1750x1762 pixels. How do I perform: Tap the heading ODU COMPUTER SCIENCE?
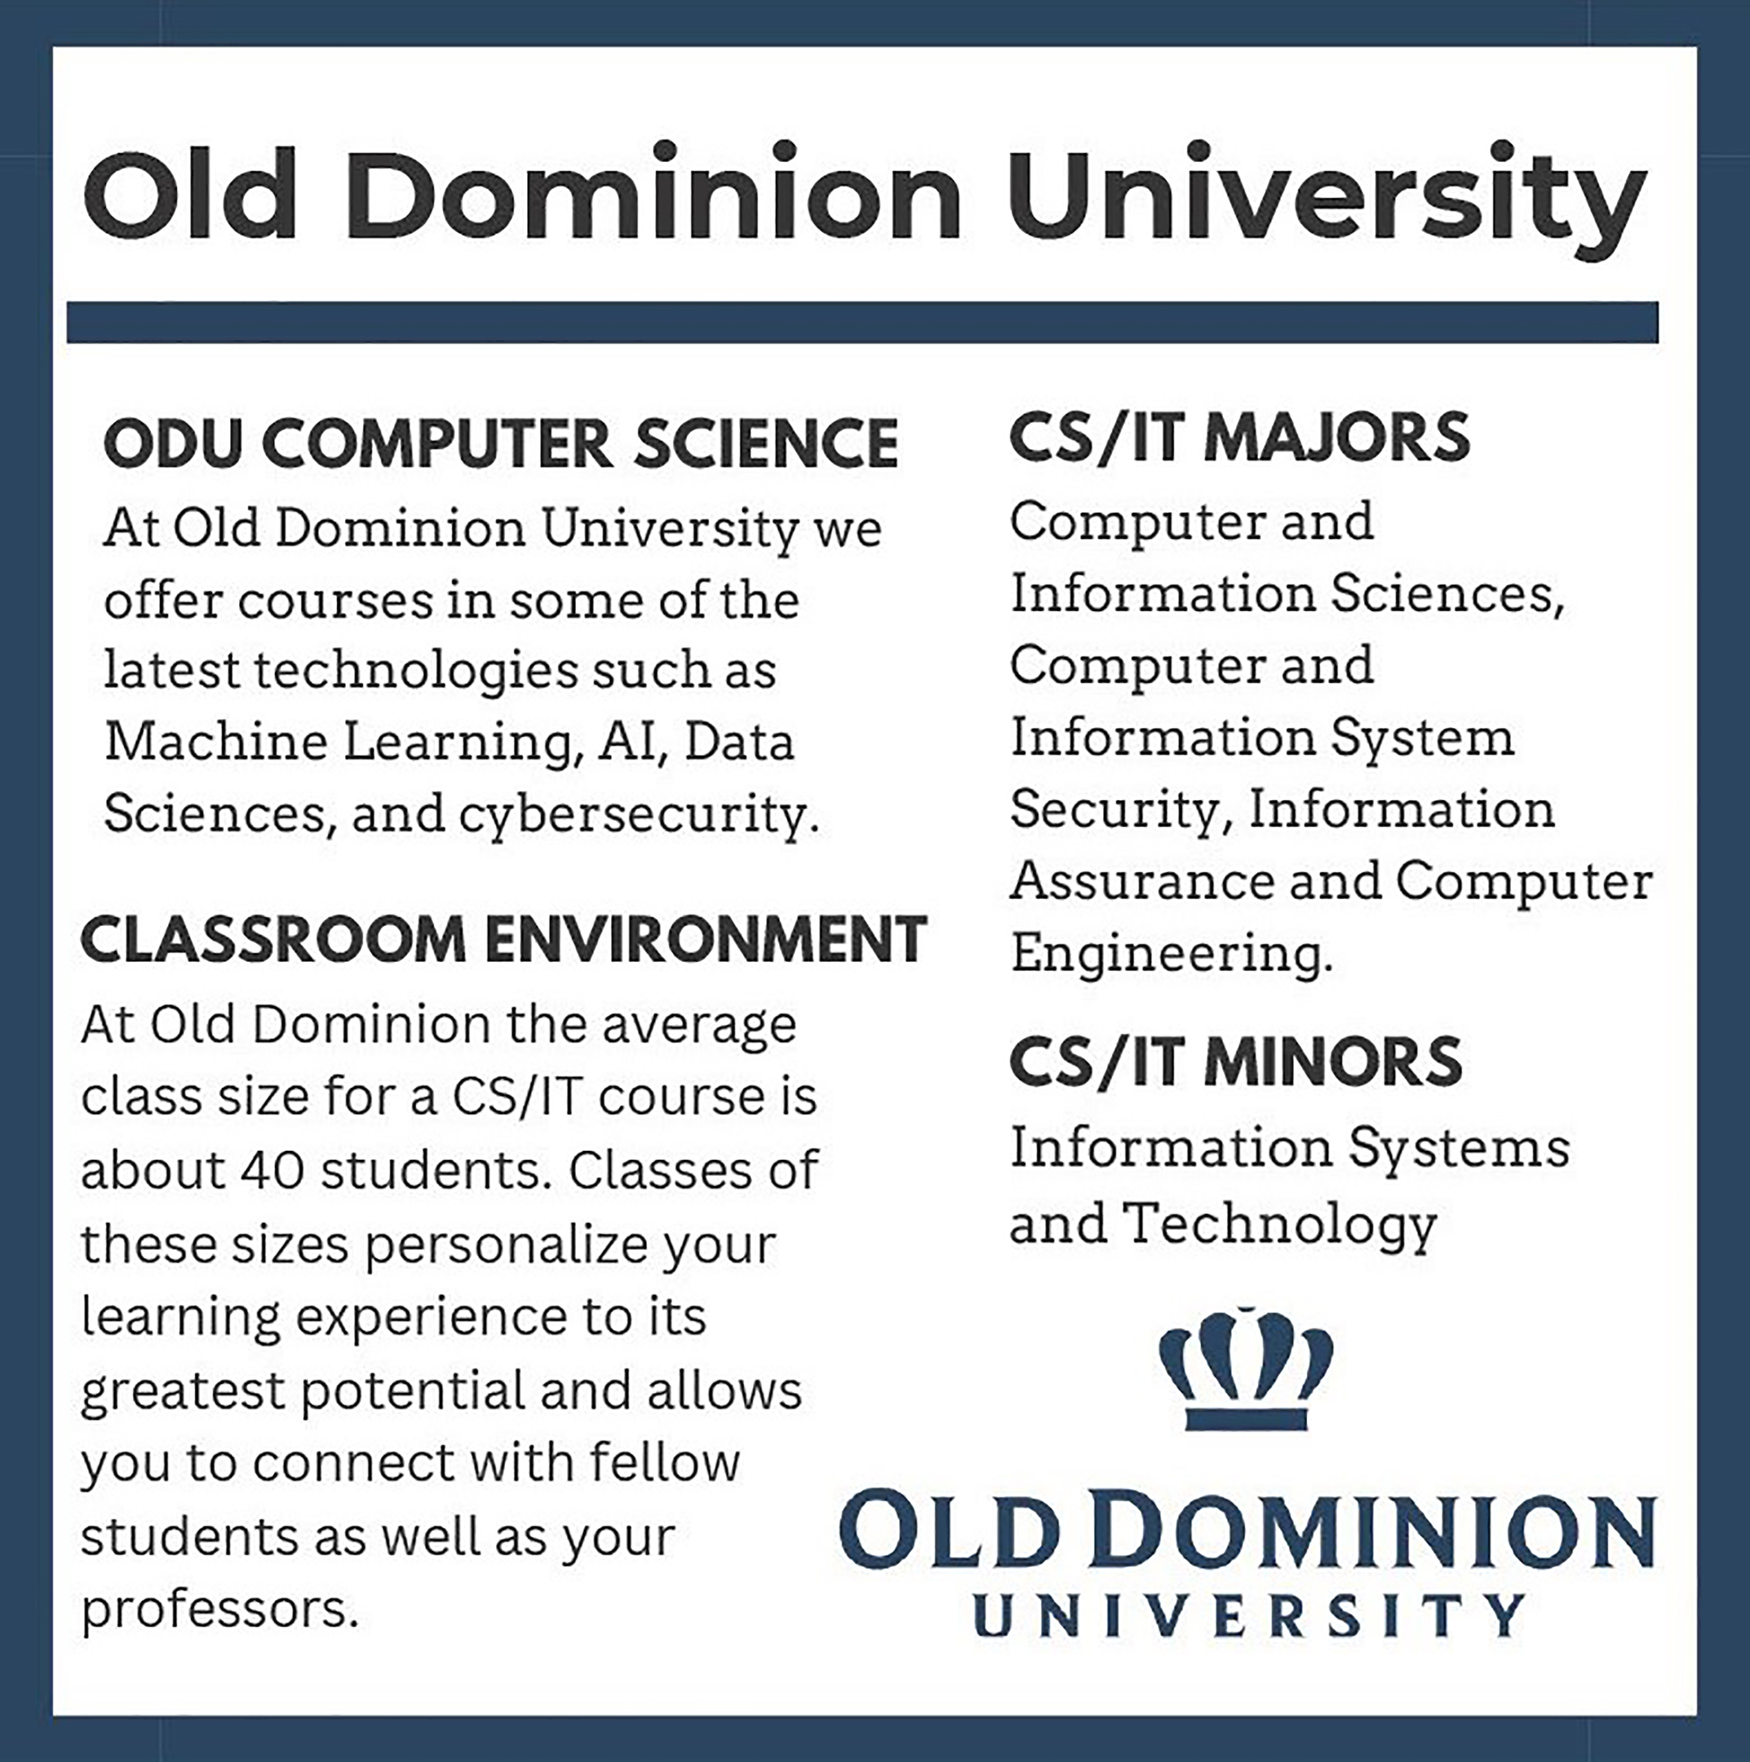[x=502, y=444]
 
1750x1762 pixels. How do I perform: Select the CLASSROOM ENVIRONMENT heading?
[x=503, y=939]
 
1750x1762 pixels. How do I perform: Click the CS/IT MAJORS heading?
[x=1240, y=438]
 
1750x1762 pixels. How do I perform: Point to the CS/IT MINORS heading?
[x=1235, y=1062]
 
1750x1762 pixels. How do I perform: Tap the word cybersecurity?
[x=633, y=814]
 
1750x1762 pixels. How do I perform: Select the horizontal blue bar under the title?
[x=861, y=323]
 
